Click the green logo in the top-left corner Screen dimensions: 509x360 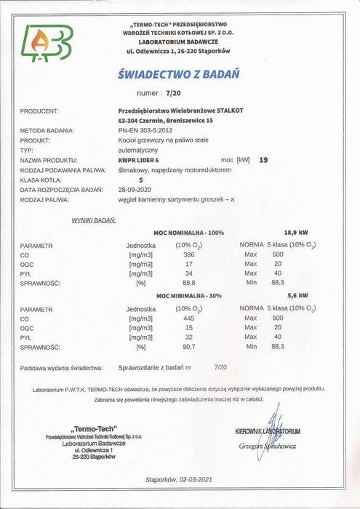pyautogui.click(x=47, y=44)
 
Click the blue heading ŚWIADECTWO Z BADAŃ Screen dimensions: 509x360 pyautogui.click(x=178, y=74)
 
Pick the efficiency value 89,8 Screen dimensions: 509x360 pyautogui.click(x=189, y=284)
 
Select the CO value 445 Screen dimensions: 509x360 pyautogui.click(x=189, y=318)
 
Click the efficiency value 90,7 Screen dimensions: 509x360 pyautogui.click(x=189, y=347)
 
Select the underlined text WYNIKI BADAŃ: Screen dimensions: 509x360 pyautogui.click(x=94, y=218)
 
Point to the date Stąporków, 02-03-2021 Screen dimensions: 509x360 pyautogui.click(x=178, y=480)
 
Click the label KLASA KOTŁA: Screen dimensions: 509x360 pyautogui.click(x=41, y=178)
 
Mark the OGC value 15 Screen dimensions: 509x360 pyautogui.click(x=189, y=328)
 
